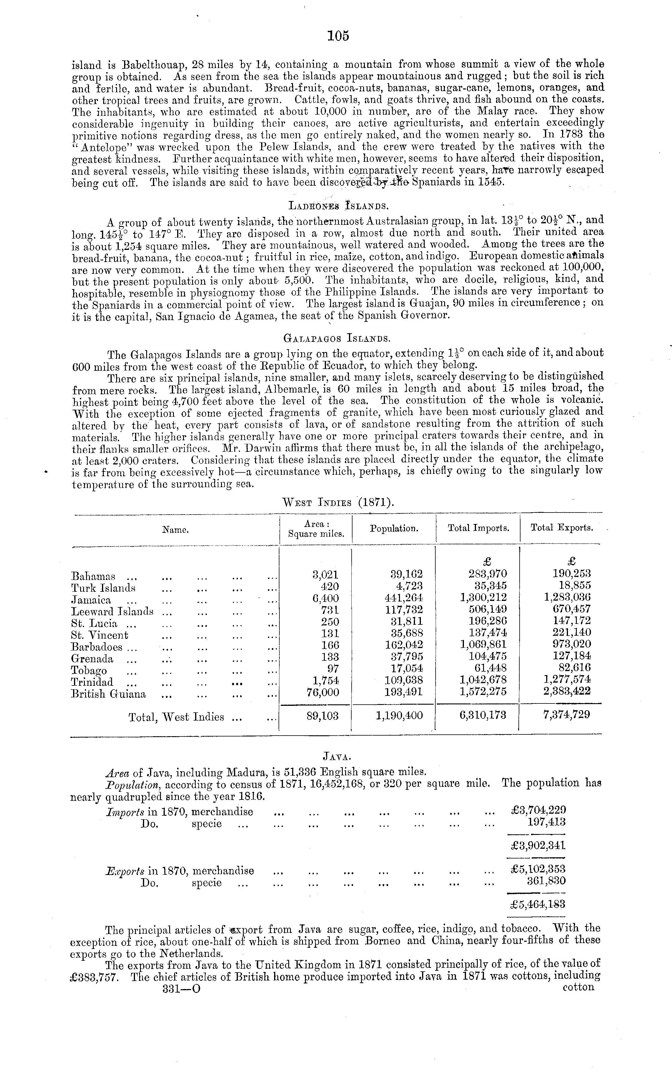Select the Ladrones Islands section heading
pyautogui.click(x=339, y=205)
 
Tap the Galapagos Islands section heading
pyautogui.click(x=337, y=338)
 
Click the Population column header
pyautogui.click(x=394, y=529)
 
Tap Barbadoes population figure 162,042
pyautogui.click(x=404, y=644)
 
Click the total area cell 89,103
pyautogui.click(x=323, y=716)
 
